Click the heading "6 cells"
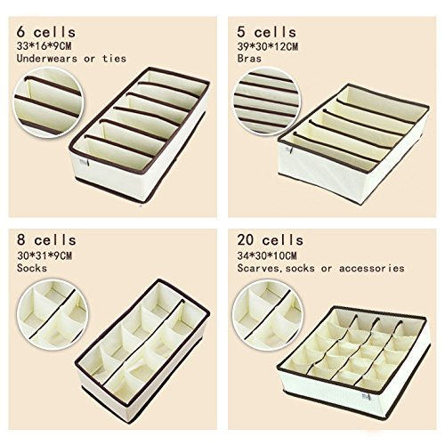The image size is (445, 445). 46,32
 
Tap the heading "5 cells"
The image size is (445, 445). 267,32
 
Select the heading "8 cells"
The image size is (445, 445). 46,240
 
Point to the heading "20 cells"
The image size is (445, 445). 271,240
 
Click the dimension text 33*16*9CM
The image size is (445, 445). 44,46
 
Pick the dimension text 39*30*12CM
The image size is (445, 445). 268,46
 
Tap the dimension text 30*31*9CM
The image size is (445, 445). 44,255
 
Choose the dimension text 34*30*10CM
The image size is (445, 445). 267,255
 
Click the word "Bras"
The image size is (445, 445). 249,59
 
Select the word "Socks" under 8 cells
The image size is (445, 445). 32,268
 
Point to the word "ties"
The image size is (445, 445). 114,59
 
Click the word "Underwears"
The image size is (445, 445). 47,59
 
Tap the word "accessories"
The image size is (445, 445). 372,268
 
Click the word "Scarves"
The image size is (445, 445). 258,268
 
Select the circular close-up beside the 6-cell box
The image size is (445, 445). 47,102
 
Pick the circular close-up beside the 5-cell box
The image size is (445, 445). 267,101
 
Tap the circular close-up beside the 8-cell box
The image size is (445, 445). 53,314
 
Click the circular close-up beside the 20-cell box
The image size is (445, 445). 267,314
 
